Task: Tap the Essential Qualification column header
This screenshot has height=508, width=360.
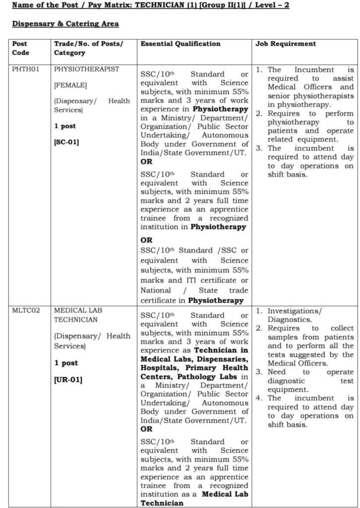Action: click(180, 44)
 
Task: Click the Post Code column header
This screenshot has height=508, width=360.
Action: click(20, 48)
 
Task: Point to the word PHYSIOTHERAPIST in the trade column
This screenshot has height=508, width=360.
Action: click(87, 69)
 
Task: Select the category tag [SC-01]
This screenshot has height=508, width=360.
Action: click(66, 142)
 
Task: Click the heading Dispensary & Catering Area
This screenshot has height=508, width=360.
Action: click(65, 24)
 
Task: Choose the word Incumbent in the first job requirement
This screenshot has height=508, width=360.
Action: click(315, 70)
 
